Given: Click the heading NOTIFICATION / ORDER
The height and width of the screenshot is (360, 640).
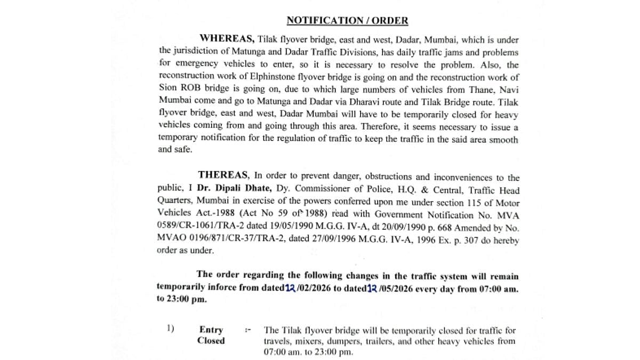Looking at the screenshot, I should pyautogui.click(x=347, y=21).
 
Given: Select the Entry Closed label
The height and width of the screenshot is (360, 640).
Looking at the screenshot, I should pyautogui.click(x=211, y=335).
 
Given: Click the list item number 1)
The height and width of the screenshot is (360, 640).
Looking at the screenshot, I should pyautogui.click(x=170, y=330).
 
